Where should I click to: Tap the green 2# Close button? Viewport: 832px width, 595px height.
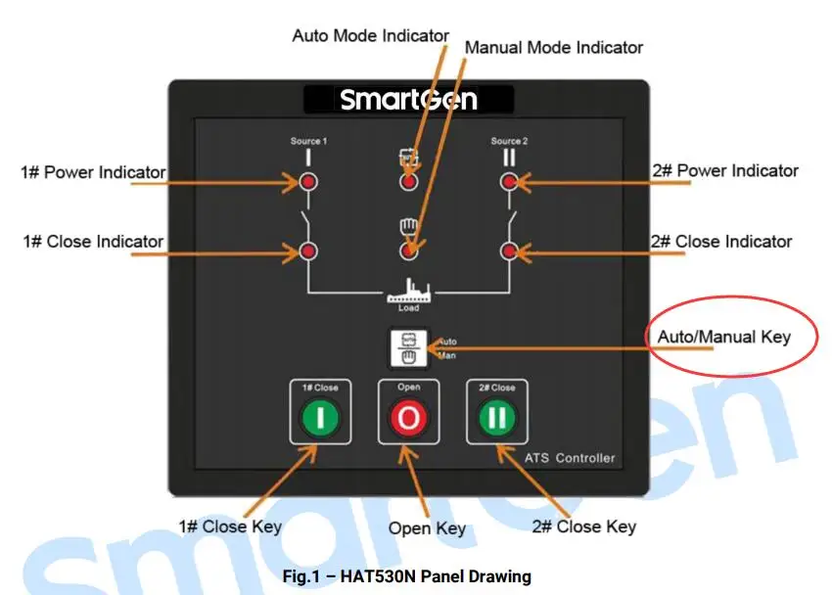click(497, 418)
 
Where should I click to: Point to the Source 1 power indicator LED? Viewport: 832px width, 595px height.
click(308, 182)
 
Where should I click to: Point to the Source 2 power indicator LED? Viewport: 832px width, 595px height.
click(509, 182)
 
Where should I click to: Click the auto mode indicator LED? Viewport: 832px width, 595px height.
click(409, 182)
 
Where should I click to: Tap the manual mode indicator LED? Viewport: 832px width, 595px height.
click(409, 252)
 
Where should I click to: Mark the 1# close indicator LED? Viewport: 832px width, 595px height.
click(308, 252)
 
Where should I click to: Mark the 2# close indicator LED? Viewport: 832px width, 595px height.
click(509, 252)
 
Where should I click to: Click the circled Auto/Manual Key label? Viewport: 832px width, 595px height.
click(723, 337)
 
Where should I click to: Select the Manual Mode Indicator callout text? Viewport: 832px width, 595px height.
click(553, 47)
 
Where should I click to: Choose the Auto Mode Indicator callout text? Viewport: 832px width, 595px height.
click(371, 35)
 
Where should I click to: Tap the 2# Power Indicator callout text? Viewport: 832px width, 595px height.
click(725, 171)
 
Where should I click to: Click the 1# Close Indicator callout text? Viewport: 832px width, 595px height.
click(93, 241)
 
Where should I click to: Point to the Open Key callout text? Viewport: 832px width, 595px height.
click(427, 528)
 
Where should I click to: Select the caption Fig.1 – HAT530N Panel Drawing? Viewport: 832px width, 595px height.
click(407, 576)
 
